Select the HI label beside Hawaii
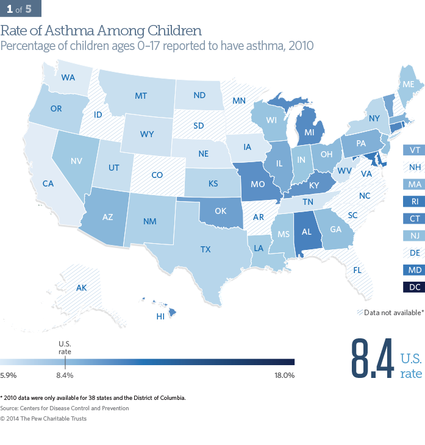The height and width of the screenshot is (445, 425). pyautogui.click(x=162, y=316)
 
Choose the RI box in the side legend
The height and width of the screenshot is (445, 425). pyautogui.click(x=414, y=200)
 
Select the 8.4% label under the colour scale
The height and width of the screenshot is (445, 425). pyautogui.click(x=65, y=376)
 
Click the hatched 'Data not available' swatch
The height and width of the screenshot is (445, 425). pyautogui.click(x=359, y=313)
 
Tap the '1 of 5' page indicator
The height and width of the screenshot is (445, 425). pyautogui.click(x=21, y=10)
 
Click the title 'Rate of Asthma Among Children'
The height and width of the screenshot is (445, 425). pyautogui.click(x=101, y=30)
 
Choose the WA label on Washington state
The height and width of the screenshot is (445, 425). pyautogui.click(x=68, y=78)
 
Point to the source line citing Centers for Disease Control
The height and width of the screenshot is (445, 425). pyautogui.click(x=65, y=408)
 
